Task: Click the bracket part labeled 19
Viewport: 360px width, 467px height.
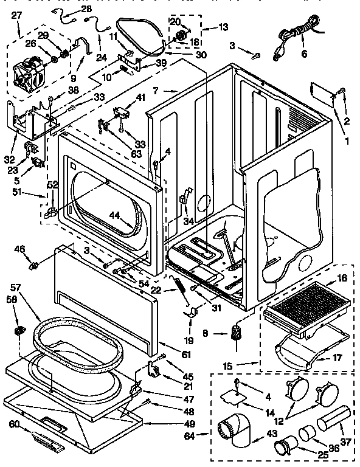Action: (193, 312)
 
